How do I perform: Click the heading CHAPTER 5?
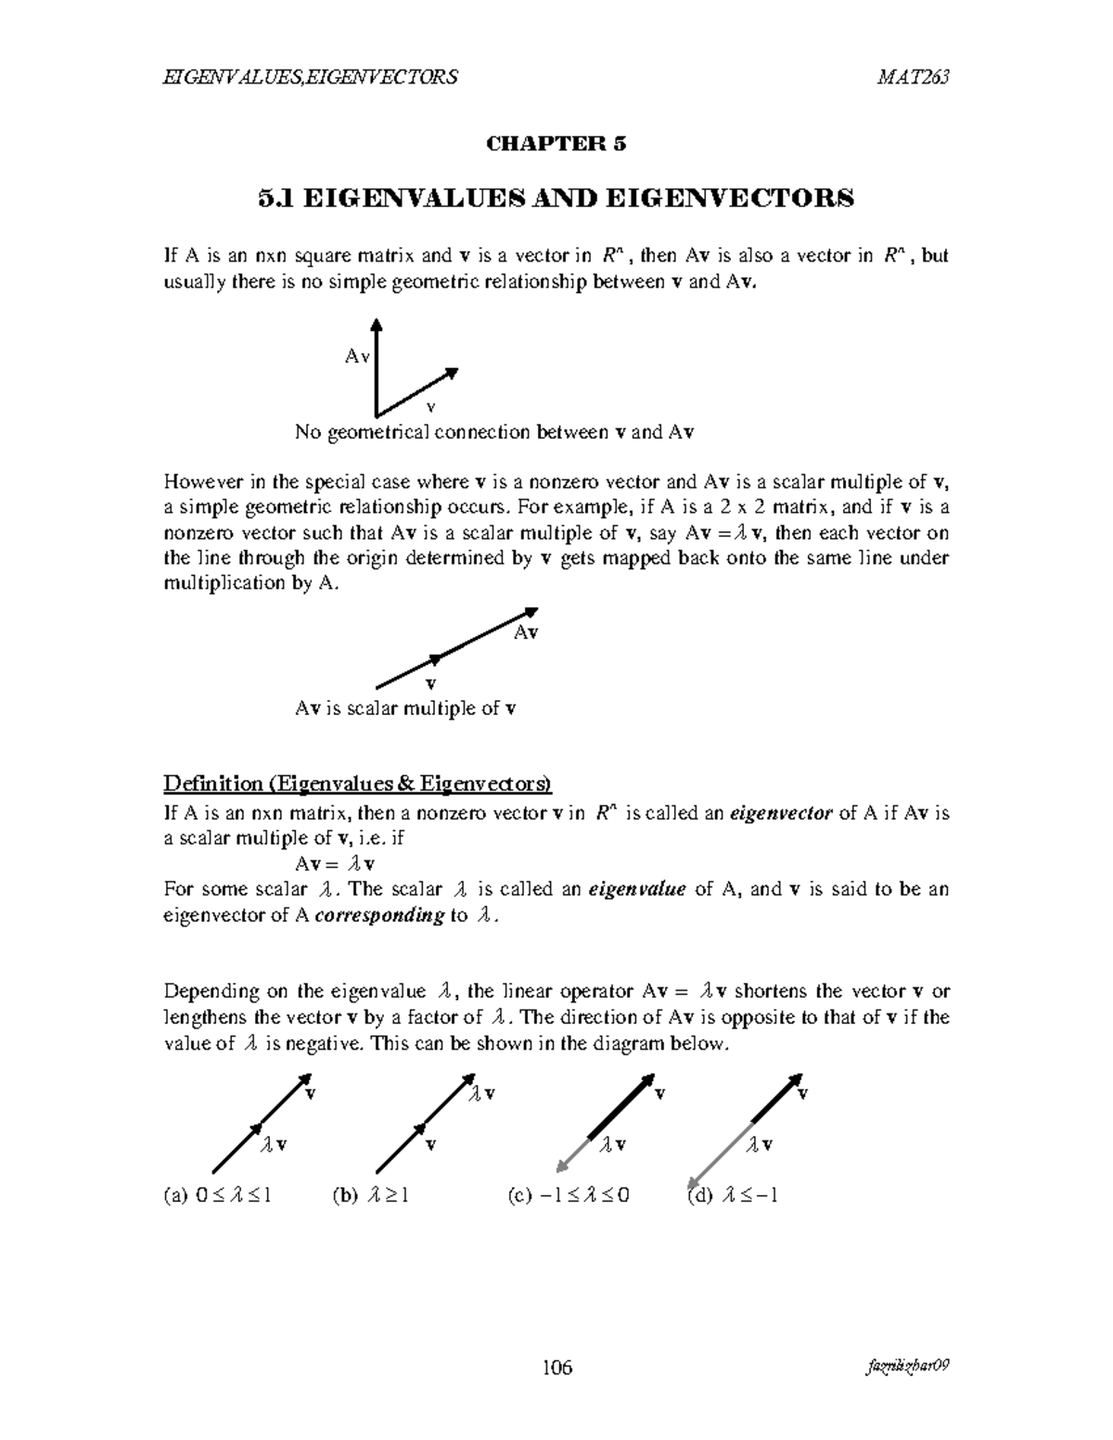tap(556, 144)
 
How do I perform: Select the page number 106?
tap(556, 1368)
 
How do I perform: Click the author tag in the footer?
tap(907, 1368)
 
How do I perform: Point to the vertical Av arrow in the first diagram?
tap(376, 366)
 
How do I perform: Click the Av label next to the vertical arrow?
tap(357, 356)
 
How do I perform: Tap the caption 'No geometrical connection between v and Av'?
tap(495, 432)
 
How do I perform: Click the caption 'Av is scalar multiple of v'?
tap(405, 709)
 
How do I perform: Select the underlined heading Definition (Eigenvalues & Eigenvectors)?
tap(357, 784)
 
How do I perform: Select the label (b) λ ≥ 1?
tap(370, 1195)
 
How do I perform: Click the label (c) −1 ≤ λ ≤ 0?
tap(569, 1195)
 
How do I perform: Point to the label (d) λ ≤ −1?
tap(732, 1195)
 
